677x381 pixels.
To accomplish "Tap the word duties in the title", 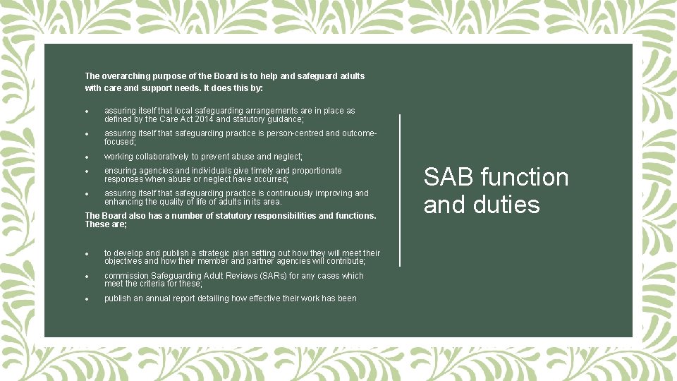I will click(x=506, y=205).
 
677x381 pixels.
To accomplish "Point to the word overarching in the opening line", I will click(x=129, y=75).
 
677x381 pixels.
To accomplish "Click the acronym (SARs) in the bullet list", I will click(x=242, y=276).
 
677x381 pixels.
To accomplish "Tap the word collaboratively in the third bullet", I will click(x=159, y=157).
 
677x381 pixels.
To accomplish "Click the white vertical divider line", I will click(x=400, y=190).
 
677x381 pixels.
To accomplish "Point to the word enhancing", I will click(x=123, y=202).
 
